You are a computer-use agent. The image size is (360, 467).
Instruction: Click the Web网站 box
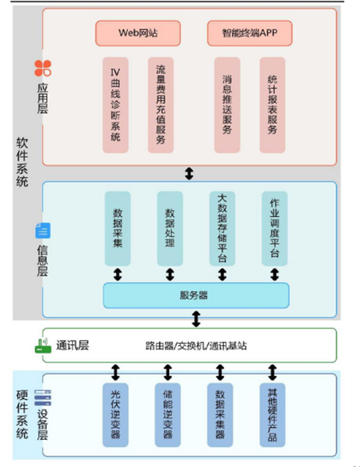pos(138,33)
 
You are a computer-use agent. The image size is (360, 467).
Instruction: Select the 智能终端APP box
pos(250,33)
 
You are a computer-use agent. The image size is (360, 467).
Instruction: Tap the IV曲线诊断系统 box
pos(115,105)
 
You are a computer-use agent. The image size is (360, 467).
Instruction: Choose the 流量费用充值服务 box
pos(160,105)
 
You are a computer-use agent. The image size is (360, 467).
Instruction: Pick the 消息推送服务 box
pos(227,105)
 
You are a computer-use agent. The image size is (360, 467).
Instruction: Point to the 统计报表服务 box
pos(272,105)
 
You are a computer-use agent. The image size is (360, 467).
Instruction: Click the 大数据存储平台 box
pos(222,229)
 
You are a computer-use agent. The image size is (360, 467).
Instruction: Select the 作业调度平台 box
pos(274,229)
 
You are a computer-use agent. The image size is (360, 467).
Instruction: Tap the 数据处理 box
pos(170,229)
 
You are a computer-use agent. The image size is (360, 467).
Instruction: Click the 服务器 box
pos(196,295)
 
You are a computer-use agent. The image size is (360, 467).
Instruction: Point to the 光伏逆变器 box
pos(115,415)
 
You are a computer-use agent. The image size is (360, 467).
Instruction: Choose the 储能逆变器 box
pos(168,415)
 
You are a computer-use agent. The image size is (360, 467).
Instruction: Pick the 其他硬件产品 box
pos(272,415)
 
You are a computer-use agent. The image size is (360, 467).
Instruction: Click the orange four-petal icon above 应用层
pos(43,68)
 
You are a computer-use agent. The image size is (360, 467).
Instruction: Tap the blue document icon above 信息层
pos(43,231)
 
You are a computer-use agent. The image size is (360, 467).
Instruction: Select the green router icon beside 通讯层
pos(43,346)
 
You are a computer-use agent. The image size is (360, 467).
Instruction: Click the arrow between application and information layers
pos(189,174)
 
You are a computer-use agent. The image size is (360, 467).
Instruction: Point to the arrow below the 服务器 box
pos(196,319)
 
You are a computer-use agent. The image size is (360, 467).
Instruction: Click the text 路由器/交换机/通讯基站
pos(196,346)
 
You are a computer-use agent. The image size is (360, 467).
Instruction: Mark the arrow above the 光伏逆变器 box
pos(115,372)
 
